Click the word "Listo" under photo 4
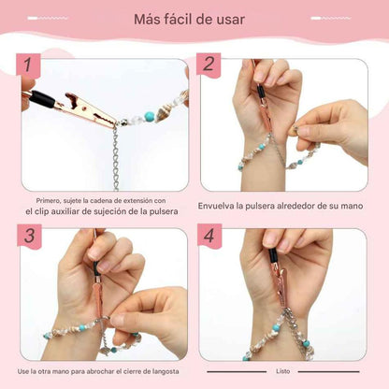[x=283, y=371]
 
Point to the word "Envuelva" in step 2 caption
[x=218, y=206]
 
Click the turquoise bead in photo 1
[x=150, y=116]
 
